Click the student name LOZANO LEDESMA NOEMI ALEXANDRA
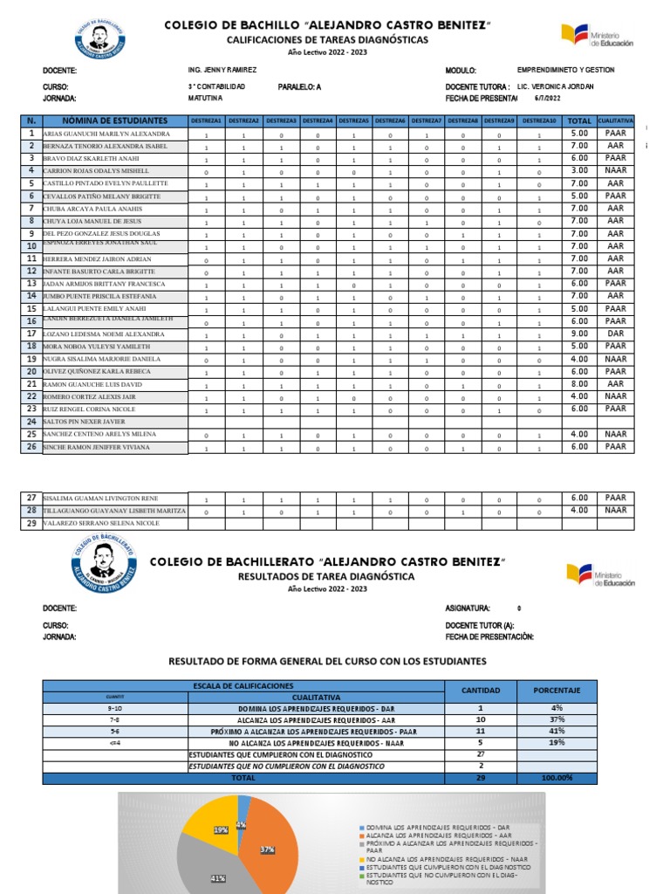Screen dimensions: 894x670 click(103, 334)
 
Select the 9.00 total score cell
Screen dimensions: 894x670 click(578, 334)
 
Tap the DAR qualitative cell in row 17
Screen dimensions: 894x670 click(615, 334)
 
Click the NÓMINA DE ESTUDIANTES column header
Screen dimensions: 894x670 click(114, 120)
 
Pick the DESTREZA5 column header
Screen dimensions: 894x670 click(353, 120)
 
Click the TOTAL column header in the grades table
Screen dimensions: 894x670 click(578, 120)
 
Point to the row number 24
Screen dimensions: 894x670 click(31, 421)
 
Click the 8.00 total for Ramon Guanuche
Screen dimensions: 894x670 click(578, 383)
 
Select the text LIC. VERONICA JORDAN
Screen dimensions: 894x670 click(557, 86)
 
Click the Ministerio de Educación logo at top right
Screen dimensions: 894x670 click(598, 36)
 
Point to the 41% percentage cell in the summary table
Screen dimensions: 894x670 click(556, 731)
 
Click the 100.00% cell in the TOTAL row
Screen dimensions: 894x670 click(556, 777)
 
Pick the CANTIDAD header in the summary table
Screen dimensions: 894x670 click(481, 691)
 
